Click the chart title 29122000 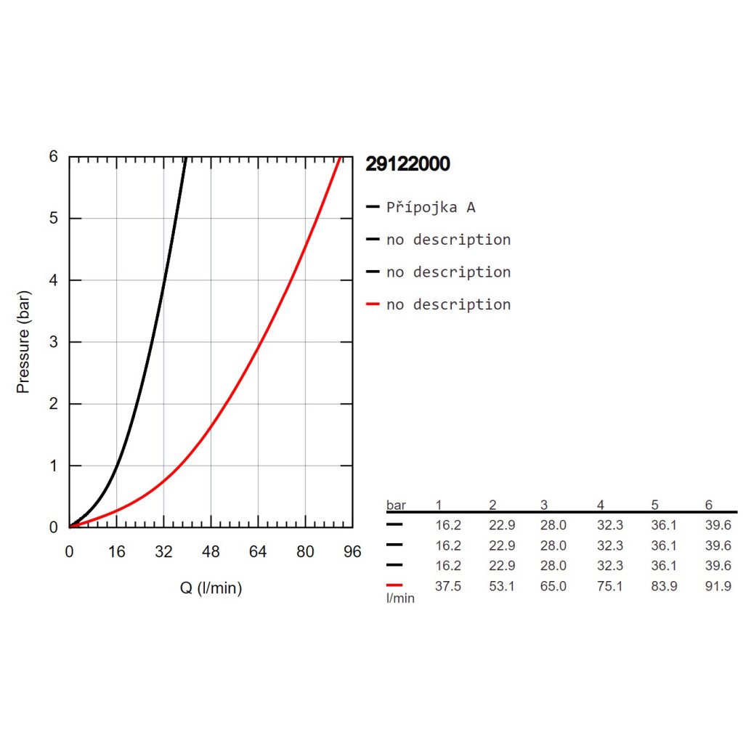[407, 164]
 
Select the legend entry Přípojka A [431, 208]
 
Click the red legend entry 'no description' [448, 304]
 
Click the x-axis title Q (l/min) [211, 588]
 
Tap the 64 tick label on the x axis [258, 552]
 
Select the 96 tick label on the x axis [352, 552]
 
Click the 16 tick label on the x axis [117, 552]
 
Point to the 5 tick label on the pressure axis [54, 219]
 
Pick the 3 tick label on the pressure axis [54, 342]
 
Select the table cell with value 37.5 [447, 586]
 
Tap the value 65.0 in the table [553, 586]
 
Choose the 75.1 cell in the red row [609, 586]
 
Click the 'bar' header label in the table [396, 505]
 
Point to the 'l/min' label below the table [400, 598]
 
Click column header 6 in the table [709, 505]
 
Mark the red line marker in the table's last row [395, 585]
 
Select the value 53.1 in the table [502, 586]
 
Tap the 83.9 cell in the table [664, 586]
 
